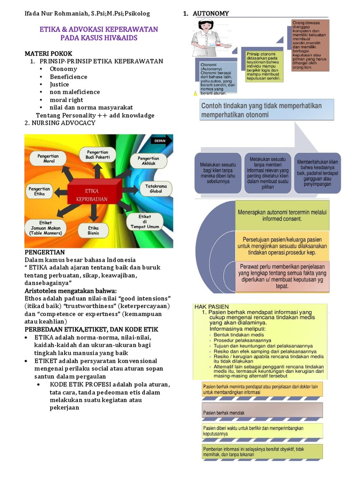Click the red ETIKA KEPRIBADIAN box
tap(96, 195)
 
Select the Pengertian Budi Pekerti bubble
tap(97, 155)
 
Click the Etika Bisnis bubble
tap(93, 230)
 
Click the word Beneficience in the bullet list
tap(68, 77)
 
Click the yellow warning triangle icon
tap(195, 93)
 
